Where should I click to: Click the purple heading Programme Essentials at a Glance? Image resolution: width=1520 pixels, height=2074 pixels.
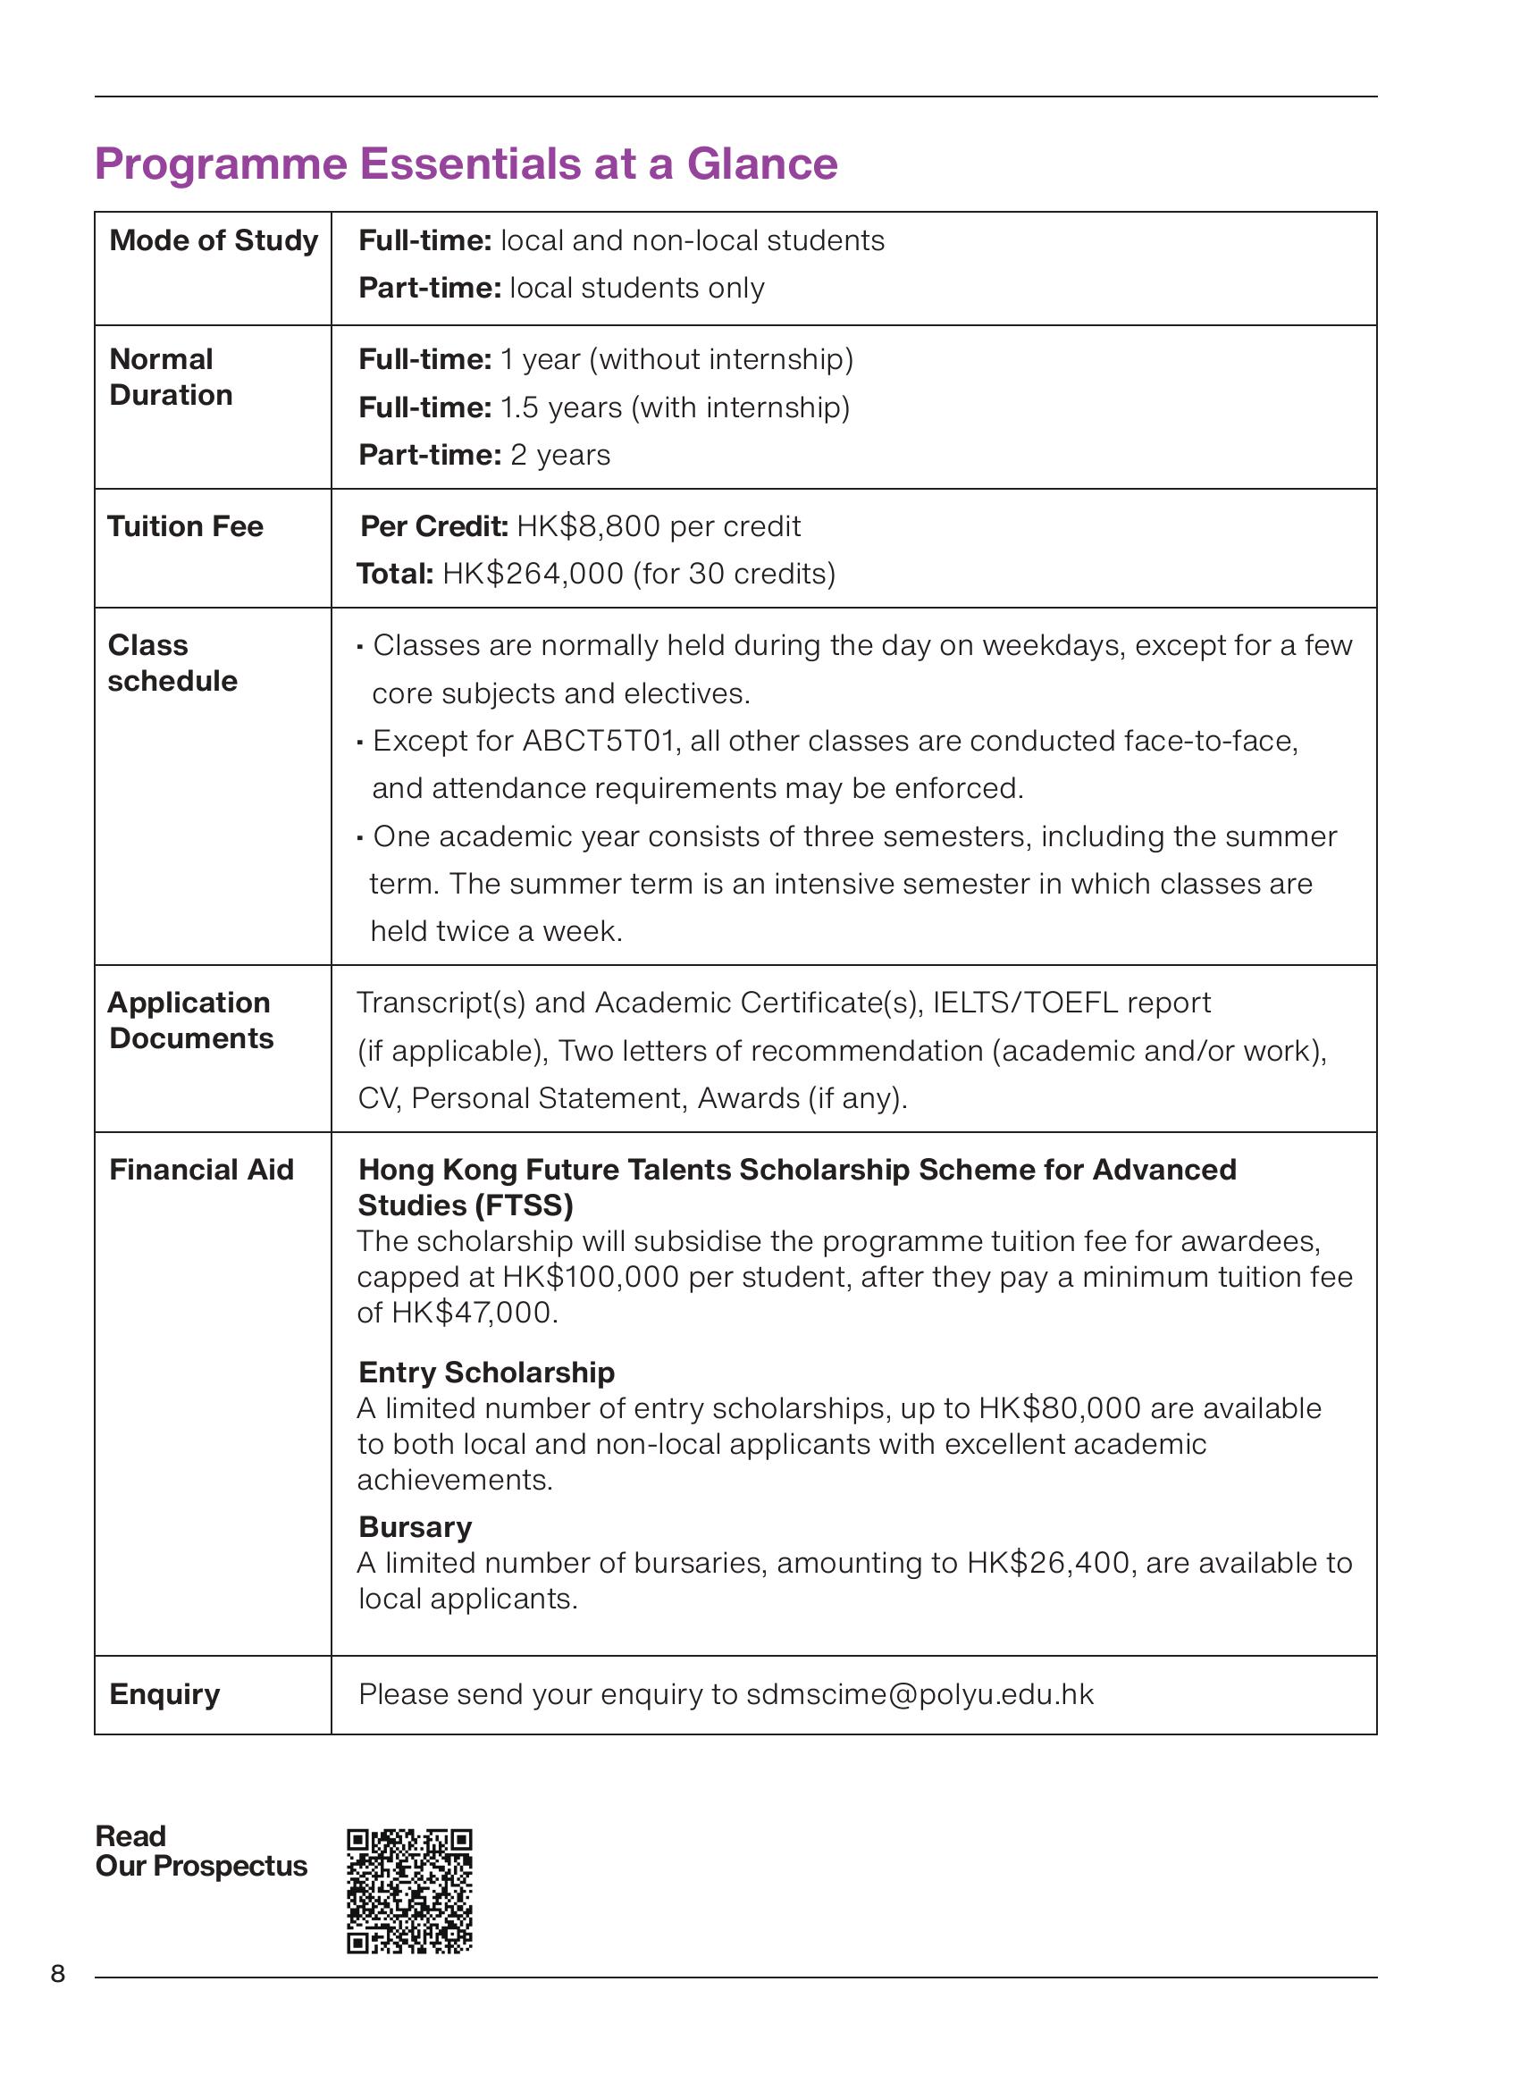click(x=466, y=164)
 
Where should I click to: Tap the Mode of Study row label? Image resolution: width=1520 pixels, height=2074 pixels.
click(x=214, y=240)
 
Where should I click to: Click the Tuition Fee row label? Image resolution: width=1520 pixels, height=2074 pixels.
click(x=185, y=526)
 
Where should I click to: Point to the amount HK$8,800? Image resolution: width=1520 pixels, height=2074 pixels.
click(x=588, y=526)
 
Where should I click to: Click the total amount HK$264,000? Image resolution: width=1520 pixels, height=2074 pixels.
click(x=533, y=575)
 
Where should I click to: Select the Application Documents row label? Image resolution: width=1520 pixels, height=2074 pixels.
click(x=190, y=1020)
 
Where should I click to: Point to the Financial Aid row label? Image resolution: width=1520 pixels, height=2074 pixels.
click(x=200, y=1170)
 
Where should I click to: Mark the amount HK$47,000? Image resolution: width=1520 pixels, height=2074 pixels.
click(x=473, y=1313)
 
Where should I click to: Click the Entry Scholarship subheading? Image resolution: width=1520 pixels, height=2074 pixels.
click(x=486, y=1373)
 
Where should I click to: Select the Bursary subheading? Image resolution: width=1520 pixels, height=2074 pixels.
click(x=415, y=1527)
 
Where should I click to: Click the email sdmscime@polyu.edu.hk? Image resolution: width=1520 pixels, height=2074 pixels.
click(x=920, y=1695)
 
